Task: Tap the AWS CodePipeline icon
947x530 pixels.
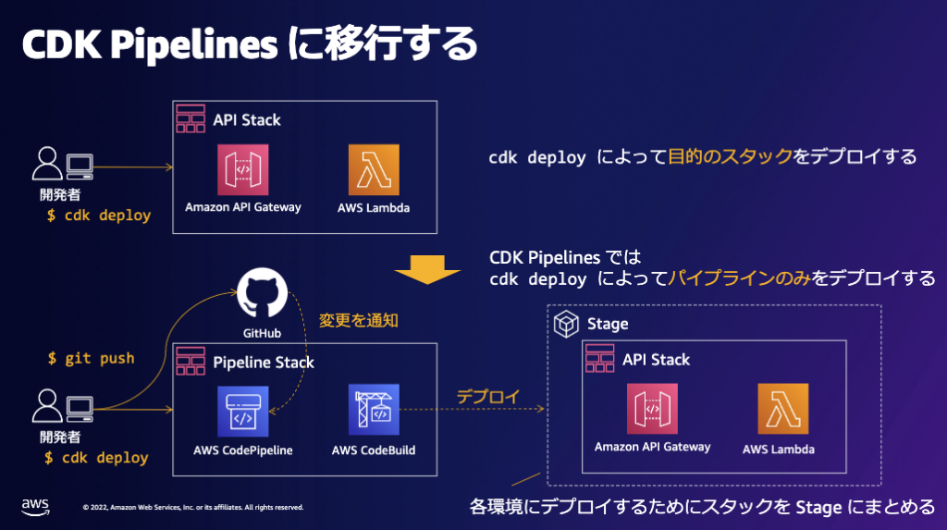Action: [x=243, y=411]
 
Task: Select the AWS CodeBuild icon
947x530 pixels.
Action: [x=374, y=411]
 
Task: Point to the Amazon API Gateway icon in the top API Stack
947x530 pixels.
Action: [x=243, y=169]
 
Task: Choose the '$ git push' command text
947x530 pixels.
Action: [x=91, y=357]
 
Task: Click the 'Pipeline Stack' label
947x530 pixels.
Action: [x=264, y=362]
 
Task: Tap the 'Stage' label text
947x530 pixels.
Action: [x=608, y=324]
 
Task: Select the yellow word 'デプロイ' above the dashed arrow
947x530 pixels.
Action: [x=487, y=396]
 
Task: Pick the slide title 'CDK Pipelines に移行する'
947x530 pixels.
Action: [x=248, y=44]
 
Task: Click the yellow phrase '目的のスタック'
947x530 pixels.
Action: [x=730, y=156]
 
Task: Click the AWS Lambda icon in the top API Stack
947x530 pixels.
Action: [x=374, y=169]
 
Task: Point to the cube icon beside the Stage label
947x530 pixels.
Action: [x=565, y=324]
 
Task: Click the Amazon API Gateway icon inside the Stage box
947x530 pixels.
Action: [x=653, y=408]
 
